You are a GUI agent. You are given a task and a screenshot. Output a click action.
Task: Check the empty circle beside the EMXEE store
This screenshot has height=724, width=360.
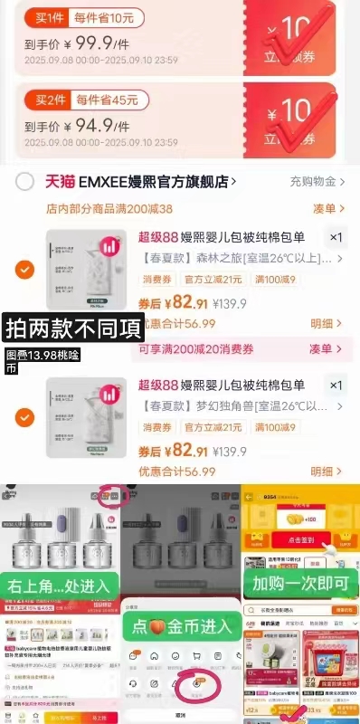[x=25, y=181]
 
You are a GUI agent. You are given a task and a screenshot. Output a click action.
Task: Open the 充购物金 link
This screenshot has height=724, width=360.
[x=316, y=181]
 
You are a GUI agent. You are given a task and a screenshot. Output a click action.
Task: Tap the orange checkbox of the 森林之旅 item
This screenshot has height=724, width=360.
[x=25, y=270]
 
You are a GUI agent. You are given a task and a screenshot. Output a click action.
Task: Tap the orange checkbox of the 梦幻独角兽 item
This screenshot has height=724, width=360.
[x=25, y=417]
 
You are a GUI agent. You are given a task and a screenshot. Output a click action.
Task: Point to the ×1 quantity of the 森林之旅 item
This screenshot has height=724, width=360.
[x=336, y=237]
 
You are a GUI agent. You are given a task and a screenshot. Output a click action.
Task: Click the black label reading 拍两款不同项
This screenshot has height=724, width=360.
[x=74, y=326]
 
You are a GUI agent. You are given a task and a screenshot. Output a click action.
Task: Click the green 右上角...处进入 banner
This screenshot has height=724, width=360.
[x=60, y=586]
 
